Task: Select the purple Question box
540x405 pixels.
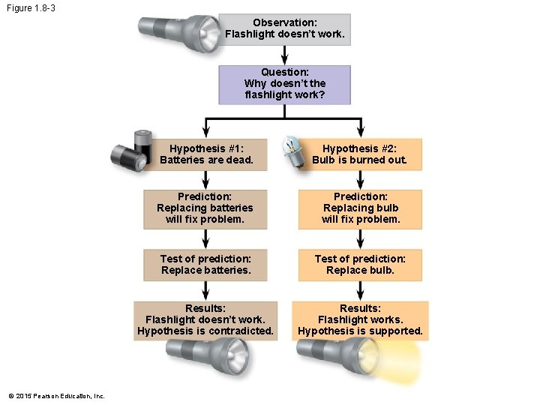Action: point(285,84)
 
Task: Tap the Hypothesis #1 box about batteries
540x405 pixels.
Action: point(206,154)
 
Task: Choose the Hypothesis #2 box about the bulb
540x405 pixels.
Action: point(360,154)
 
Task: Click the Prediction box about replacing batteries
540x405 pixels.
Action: point(205,208)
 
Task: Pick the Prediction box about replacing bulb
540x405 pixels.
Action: point(360,208)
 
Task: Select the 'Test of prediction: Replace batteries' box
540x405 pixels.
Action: point(205,264)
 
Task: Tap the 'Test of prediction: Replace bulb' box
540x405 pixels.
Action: point(360,264)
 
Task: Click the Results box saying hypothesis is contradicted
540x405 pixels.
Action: point(205,319)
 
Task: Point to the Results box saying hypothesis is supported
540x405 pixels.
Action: point(360,319)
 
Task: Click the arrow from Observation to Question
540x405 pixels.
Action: point(285,55)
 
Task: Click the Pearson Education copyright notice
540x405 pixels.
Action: point(57,396)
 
